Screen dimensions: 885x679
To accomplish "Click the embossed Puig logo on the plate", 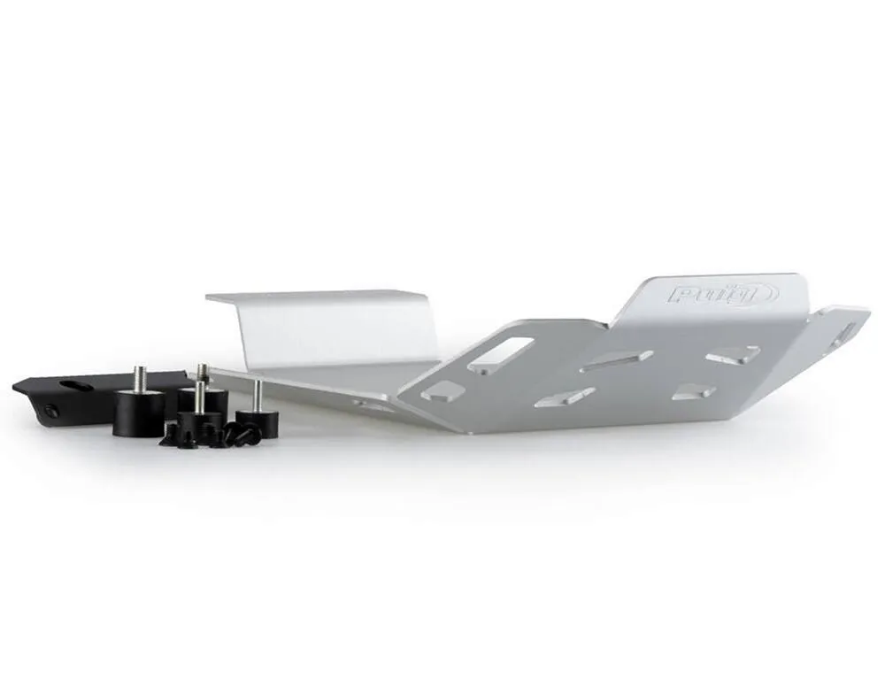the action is coord(723,294).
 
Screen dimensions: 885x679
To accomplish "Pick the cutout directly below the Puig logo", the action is coord(733,354).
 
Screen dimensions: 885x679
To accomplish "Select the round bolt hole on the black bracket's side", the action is coord(51,409).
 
